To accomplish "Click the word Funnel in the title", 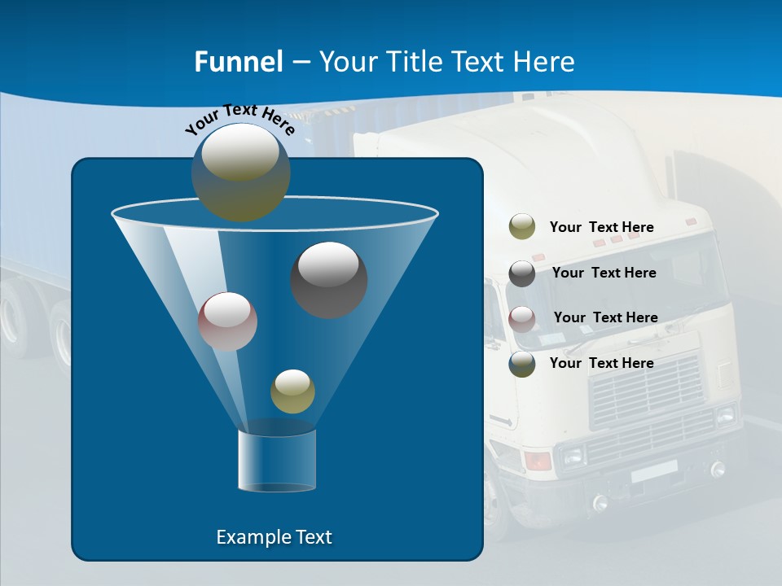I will pyautogui.click(x=238, y=62).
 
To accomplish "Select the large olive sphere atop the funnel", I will pyautogui.click(x=240, y=172).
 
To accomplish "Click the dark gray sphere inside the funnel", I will pyautogui.click(x=329, y=279).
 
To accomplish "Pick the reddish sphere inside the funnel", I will pyautogui.click(x=227, y=321).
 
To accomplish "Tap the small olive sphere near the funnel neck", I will pyautogui.click(x=292, y=391).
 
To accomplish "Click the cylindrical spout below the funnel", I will pyautogui.click(x=277, y=460).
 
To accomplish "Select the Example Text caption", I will pyautogui.click(x=275, y=537).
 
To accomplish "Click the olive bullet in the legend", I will pyautogui.click(x=522, y=227).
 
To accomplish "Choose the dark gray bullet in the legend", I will pyautogui.click(x=522, y=273).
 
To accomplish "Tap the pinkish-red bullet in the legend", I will pyautogui.click(x=522, y=318).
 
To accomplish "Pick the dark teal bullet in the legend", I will pyautogui.click(x=522, y=364).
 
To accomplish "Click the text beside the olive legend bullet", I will pyautogui.click(x=601, y=227).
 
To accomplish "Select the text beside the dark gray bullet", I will pyautogui.click(x=604, y=273).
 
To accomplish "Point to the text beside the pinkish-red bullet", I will pyautogui.click(x=605, y=317).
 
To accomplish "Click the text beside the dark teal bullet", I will pyautogui.click(x=601, y=363).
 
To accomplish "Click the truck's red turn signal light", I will pyautogui.click(x=538, y=461).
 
